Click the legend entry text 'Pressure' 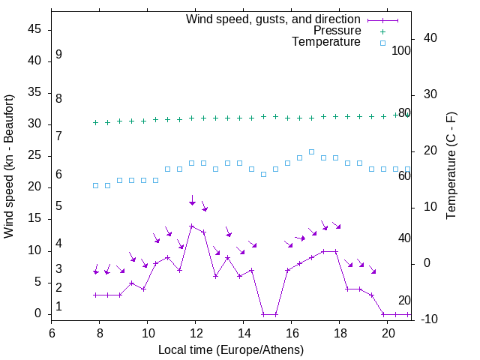pos(337,31)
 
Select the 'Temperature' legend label pos(326,42)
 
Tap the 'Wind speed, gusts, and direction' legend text pos(274,19)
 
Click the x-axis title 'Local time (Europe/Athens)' pos(231,349)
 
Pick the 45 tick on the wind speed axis pos(34,30)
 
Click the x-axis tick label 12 pos(196,331)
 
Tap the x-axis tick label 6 pos(52,331)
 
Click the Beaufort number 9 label pos(58,55)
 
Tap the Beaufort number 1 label pos(58,307)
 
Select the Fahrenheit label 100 pos(402,51)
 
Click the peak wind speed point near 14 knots pos(192,226)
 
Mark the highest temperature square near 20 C pos(311,151)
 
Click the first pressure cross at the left pos(96,122)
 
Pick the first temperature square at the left pos(96,185)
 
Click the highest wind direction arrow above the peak pos(192,200)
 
